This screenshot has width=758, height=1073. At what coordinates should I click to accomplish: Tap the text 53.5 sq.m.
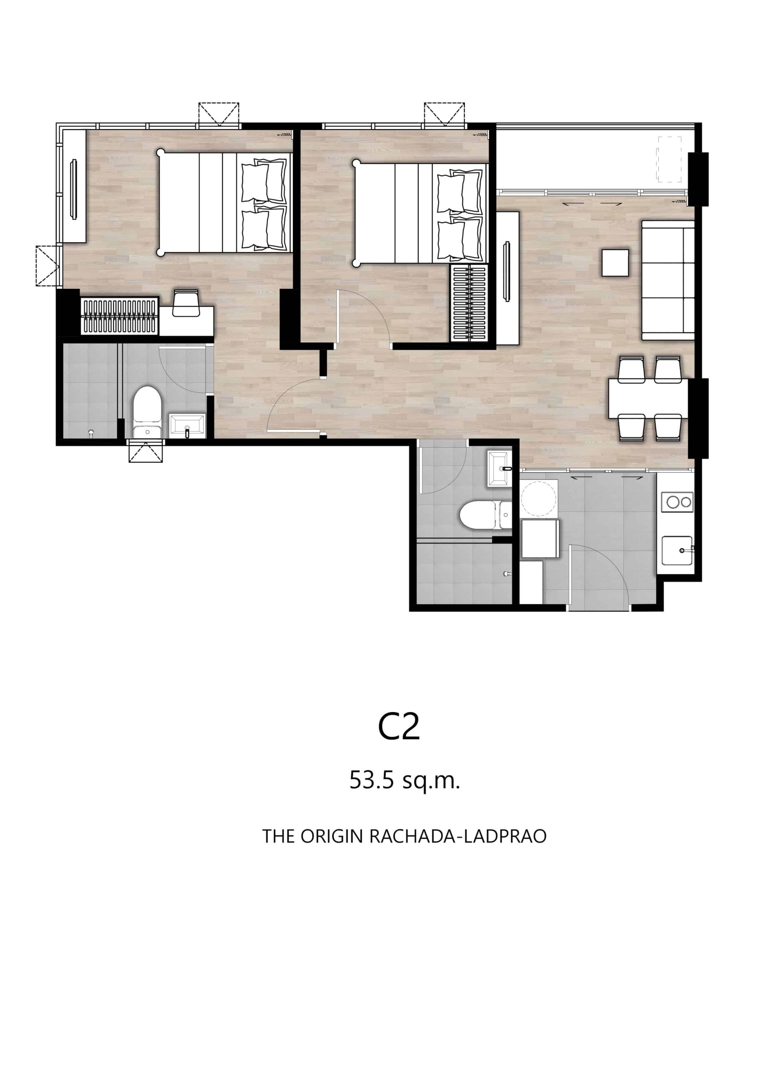[405, 780]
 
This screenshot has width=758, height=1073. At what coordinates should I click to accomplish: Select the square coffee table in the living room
[615, 263]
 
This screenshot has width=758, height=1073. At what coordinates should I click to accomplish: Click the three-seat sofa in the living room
[668, 280]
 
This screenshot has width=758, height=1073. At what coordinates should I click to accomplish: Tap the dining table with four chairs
[649, 398]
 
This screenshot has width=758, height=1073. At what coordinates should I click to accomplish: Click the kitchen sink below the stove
[678, 552]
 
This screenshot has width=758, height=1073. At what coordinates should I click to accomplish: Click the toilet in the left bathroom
[147, 411]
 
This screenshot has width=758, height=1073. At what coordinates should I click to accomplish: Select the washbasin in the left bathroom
[187, 425]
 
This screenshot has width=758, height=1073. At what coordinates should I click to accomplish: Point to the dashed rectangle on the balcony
[669, 159]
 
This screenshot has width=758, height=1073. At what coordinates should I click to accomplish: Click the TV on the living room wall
[506, 271]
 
